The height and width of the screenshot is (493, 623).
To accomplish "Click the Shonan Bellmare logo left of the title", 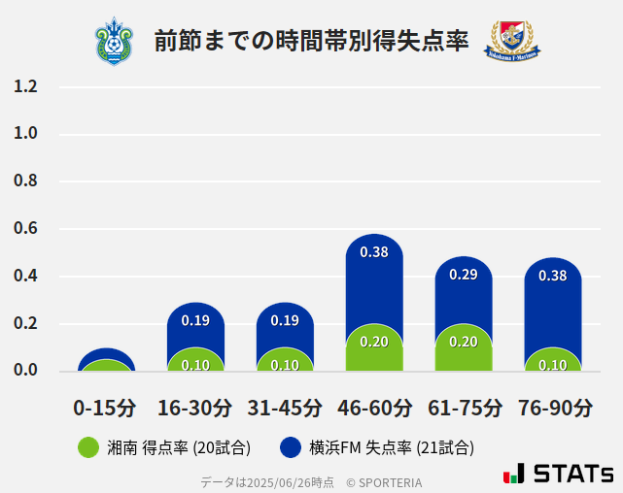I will pyautogui.click(x=115, y=42).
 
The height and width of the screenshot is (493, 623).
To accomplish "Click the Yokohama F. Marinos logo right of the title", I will pyautogui.click(x=512, y=42).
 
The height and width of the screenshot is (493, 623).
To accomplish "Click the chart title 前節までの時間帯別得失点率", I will pyautogui.click(x=311, y=42).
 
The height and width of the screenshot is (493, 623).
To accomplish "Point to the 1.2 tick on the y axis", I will pyautogui.click(x=26, y=86).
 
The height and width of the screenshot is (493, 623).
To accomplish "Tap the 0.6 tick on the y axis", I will pyautogui.click(x=26, y=229).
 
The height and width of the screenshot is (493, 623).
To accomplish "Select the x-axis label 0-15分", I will pyautogui.click(x=106, y=408).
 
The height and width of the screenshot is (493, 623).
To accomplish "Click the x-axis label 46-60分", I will pyautogui.click(x=374, y=408).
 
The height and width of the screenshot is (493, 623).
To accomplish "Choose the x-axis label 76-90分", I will pyautogui.click(x=554, y=408).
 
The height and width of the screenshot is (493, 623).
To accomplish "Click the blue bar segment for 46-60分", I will pyautogui.click(x=374, y=281).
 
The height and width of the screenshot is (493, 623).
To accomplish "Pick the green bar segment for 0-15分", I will pyautogui.click(x=106, y=366).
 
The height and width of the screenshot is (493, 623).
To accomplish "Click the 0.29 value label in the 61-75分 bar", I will pyautogui.click(x=464, y=275).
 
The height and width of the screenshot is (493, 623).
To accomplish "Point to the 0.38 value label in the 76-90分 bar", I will pyautogui.click(x=553, y=276).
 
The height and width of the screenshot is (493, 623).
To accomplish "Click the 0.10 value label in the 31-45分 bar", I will pyautogui.click(x=285, y=365).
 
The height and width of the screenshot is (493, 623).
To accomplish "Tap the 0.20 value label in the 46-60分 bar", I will pyautogui.click(x=374, y=342).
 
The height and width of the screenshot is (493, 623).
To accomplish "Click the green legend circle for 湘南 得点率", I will pyautogui.click(x=88, y=447).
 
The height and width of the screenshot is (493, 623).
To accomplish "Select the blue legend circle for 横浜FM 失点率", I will pyautogui.click(x=290, y=447).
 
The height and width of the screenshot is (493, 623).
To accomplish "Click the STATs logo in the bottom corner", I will pyautogui.click(x=558, y=474).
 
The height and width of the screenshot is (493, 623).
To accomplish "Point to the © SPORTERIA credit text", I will pyautogui.click(x=384, y=482).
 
